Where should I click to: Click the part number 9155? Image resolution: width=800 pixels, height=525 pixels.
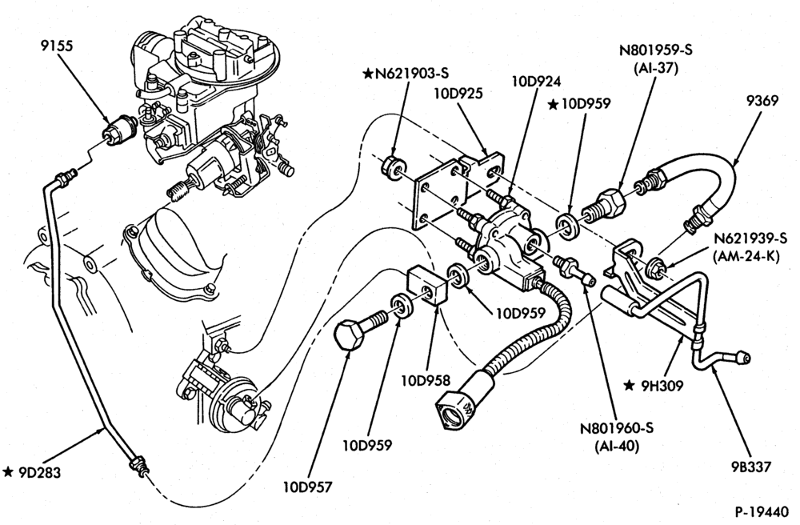[57, 46]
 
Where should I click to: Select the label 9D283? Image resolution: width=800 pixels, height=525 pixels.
[39, 472]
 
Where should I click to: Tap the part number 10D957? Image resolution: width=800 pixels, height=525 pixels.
[308, 487]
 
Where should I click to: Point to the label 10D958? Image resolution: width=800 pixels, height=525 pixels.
[426, 380]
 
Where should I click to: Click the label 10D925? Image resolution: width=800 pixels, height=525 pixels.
[458, 94]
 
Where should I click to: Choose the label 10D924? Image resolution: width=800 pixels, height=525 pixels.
[536, 81]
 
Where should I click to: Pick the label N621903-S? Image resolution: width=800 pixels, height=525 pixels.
[412, 74]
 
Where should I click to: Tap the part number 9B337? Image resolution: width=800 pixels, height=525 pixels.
[750, 467]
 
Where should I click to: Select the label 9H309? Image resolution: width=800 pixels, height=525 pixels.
[662, 387]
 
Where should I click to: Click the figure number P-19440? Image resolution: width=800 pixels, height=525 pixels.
[762, 511]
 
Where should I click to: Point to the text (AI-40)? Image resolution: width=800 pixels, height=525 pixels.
[617, 446]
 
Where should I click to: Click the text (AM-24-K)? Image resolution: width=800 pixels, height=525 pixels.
[746, 257]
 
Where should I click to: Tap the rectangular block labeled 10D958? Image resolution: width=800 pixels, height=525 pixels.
[427, 286]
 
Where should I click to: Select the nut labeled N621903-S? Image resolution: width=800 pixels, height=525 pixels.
[394, 167]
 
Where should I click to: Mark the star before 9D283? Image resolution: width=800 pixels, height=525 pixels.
[8, 472]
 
